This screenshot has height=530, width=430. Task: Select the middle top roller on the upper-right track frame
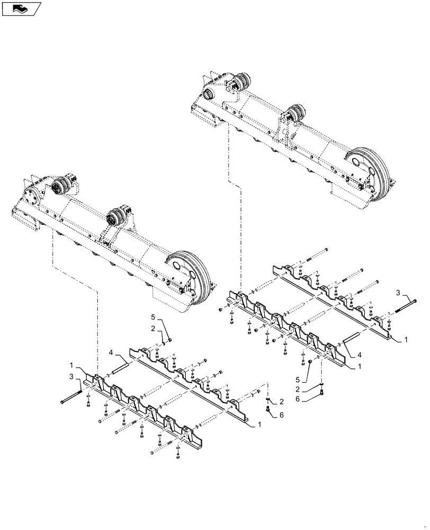295,116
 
